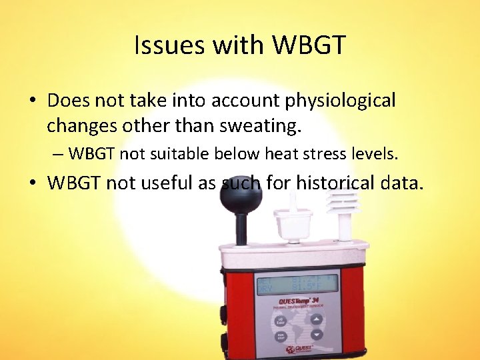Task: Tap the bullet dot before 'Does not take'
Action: (x=32, y=101)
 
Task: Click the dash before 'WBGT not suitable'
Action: (x=58, y=155)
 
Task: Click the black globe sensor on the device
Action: (x=243, y=201)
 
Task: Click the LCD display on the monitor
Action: (x=297, y=283)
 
